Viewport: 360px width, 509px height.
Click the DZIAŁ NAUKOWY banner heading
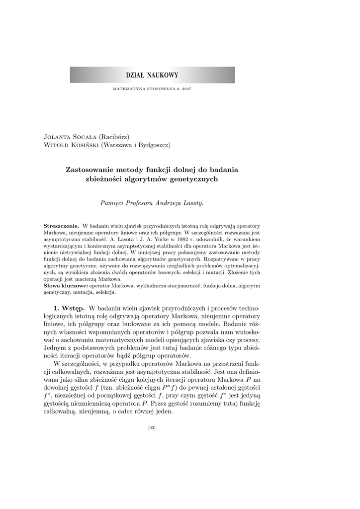coord(152,75)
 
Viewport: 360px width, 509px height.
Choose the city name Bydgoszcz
coord(151,145)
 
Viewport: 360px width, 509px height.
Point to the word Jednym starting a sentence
coord(55,347)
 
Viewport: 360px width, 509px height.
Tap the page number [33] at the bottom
coord(152,428)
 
